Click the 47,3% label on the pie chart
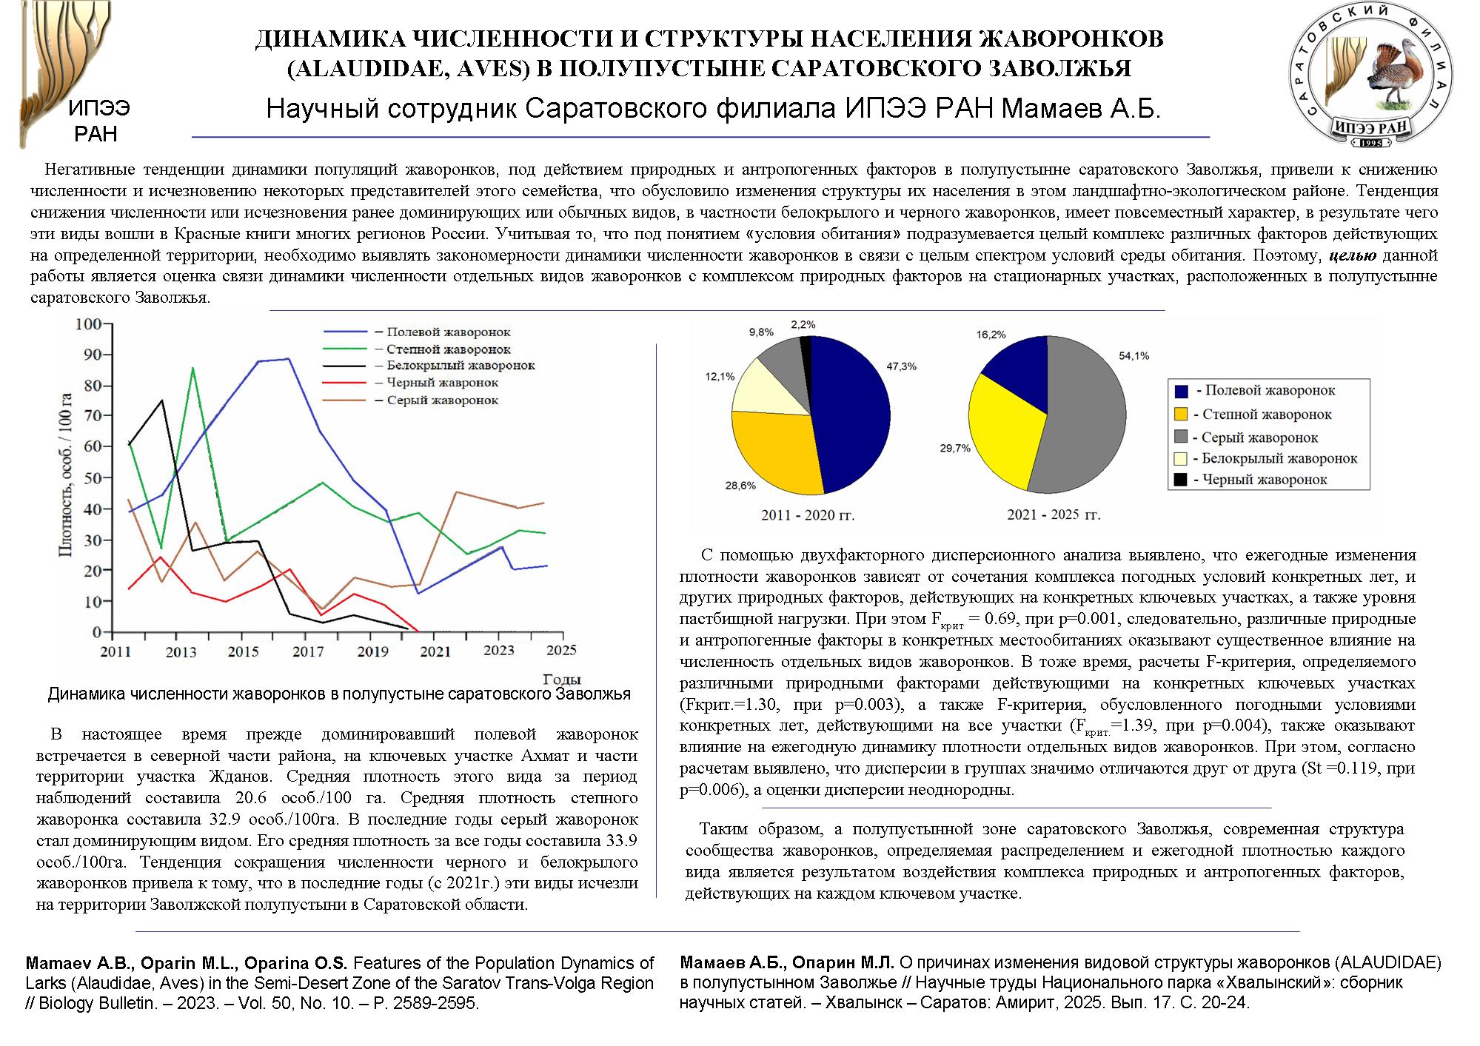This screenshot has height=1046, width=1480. pos(901,366)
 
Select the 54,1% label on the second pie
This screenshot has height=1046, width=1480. pos(1134,356)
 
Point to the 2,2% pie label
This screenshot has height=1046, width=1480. pos(803,324)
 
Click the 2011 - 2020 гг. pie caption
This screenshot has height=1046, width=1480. pos(808,515)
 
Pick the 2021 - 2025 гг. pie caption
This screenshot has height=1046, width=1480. pos(1054,514)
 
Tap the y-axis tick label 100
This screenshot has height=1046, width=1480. pos(89,324)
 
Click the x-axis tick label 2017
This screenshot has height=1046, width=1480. pos(308,651)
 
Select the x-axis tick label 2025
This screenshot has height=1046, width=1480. pos(561,650)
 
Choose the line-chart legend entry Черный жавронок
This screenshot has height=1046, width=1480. pos(442,383)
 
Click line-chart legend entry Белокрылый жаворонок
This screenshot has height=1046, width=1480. pos(460,365)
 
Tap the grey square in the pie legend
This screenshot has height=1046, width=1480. pos(1181,437)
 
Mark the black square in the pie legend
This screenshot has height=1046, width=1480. pos(1181,480)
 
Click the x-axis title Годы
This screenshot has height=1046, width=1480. pos(561,679)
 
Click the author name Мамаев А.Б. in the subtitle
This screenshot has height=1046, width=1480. pos(1081,109)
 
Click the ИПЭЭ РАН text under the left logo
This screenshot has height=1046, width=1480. pos(98,121)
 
